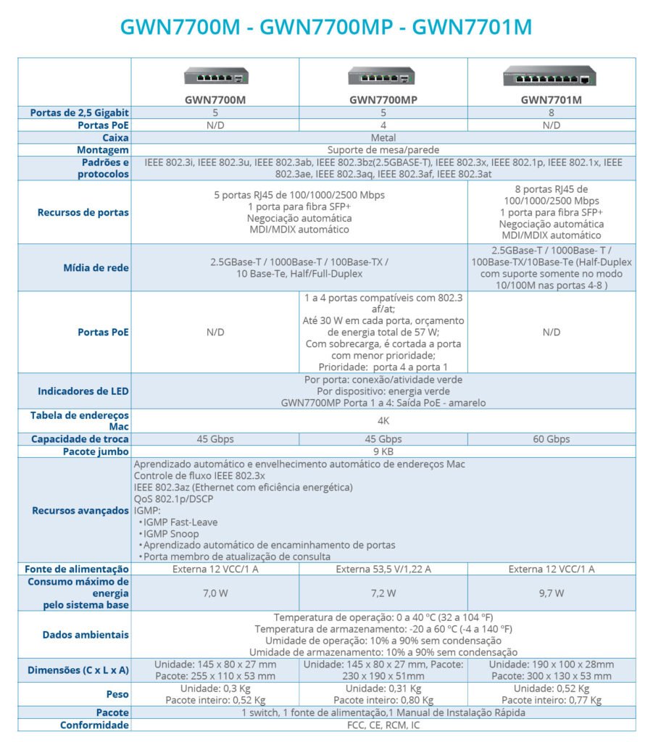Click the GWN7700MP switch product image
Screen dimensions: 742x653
coord(382,76)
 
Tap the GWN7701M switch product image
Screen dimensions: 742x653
coord(551,75)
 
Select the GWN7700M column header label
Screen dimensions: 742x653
coord(215,100)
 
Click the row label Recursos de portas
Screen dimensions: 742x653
coord(83,212)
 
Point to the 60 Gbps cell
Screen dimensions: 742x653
coord(551,439)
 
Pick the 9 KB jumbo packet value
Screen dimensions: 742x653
coord(383,451)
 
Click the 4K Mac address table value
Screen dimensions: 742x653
coord(383,421)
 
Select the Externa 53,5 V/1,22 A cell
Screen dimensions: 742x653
coord(383,569)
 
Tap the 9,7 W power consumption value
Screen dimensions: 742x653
coord(551,593)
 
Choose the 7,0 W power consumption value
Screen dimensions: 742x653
coord(215,593)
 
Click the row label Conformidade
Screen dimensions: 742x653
coord(94,725)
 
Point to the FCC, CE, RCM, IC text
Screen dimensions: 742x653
coord(383,725)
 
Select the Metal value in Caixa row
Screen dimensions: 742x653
coord(383,137)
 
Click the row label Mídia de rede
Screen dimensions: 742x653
coord(96,267)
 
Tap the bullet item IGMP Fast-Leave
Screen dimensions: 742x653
coord(181,522)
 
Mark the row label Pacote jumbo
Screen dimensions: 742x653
coord(96,451)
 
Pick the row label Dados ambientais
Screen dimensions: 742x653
coord(86,635)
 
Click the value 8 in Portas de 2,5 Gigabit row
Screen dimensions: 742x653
coord(551,112)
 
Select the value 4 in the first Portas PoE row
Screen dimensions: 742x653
coord(383,125)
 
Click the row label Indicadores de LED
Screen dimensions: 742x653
coord(83,391)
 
